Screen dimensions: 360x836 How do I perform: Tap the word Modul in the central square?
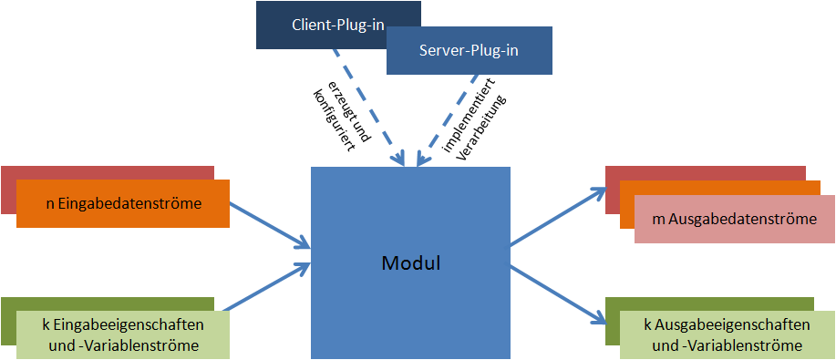click(410, 264)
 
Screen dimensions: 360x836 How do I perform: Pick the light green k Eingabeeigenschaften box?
click(122, 334)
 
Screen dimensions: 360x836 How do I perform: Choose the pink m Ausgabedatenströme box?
click(733, 219)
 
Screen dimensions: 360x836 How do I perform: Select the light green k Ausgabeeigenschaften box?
click(727, 334)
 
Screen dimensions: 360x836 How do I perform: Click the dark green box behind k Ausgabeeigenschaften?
click(612, 324)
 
